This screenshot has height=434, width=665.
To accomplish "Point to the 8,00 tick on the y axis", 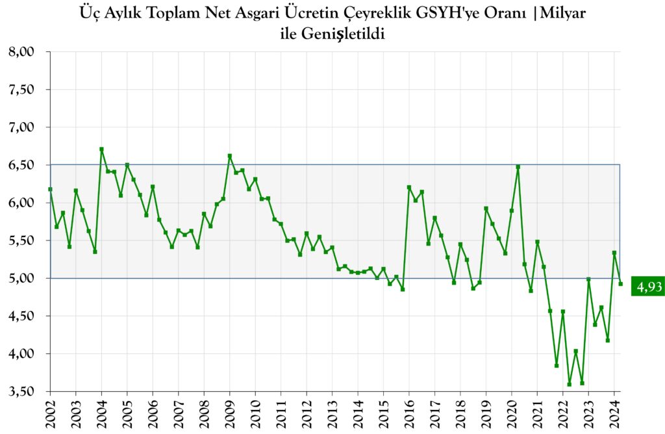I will click(x=23, y=52).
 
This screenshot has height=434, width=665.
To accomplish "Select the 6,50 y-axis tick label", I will click(x=23, y=165).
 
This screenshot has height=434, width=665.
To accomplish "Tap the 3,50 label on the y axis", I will click(x=23, y=391).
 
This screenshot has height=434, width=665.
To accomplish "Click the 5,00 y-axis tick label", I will click(x=23, y=278).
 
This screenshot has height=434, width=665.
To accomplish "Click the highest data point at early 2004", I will click(x=101, y=149).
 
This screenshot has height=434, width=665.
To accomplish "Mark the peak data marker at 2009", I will click(x=230, y=156).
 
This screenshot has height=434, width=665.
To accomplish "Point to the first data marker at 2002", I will click(x=51, y=189).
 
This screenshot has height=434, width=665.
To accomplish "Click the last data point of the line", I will click(x=620, y=283).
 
